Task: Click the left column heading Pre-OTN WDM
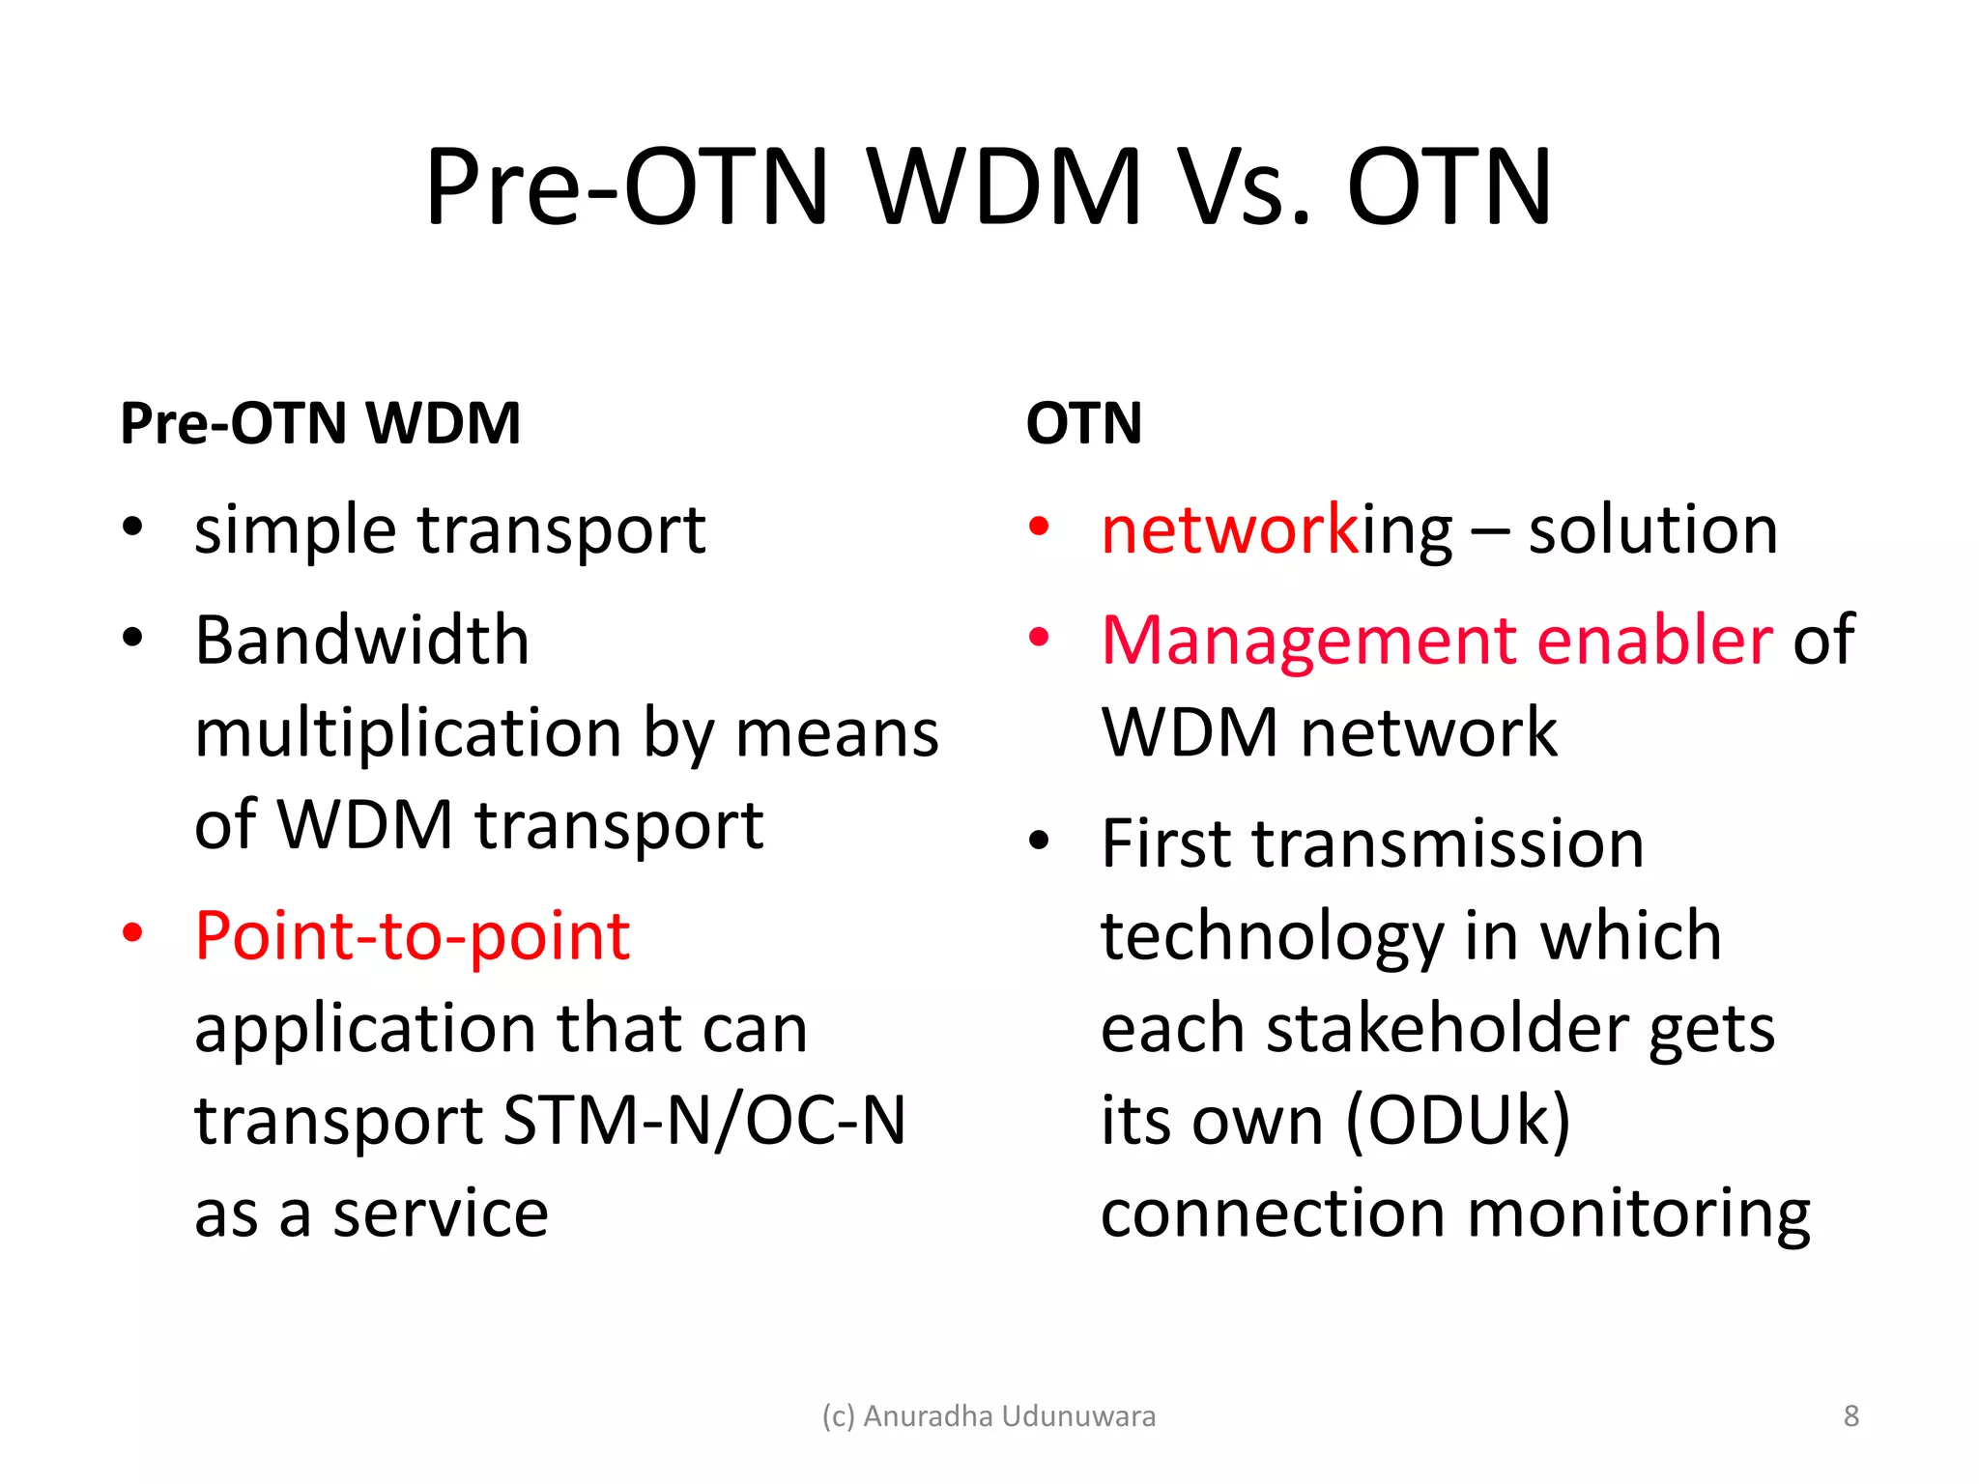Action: pyautogui.click(x=320, y=423)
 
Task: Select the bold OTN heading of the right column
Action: pyautogui.click(x=1083, y=423)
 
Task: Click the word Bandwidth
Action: pyautogui.click(x=361, y=641)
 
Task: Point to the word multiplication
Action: pyautogui.click(x=408, y=732)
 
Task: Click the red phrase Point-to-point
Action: pyautogui.click(x=413, y=936)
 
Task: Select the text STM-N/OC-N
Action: pyautogui.click(x=704, y=1121)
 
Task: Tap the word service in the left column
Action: pyautogui.click(x=441, y=1213)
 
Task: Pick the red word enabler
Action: pyautogui.click(x=1654, y=641)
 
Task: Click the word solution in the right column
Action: pyautogui.click(x=1652, y=530)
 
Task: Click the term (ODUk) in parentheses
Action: pyautogui.click(x=1457, y=1121)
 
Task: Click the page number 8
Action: pyautogui.click(x=1850, y=1415)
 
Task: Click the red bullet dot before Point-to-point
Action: pyautogui.click(x=132, y=933)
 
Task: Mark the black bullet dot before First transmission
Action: pyautogui.click(x=1039, y=841)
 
